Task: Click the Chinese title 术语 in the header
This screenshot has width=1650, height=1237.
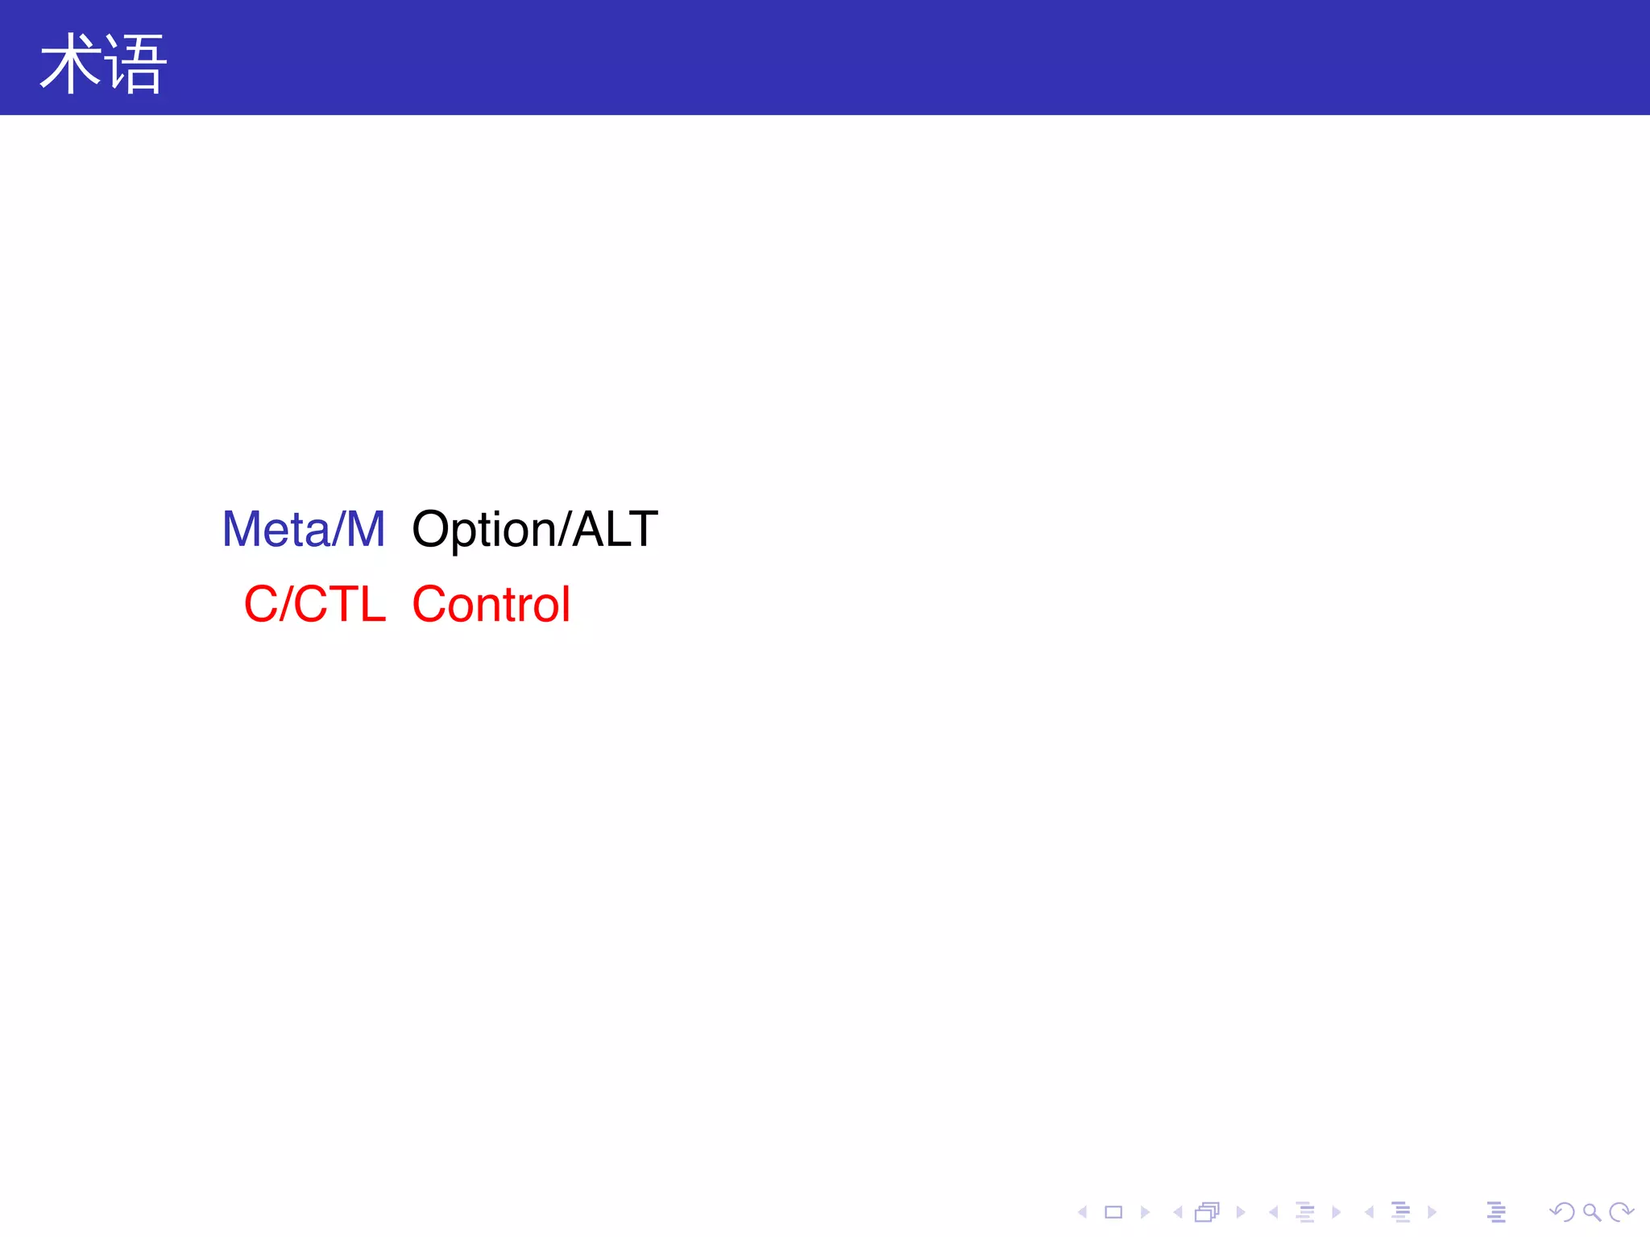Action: click(x=103, y=64)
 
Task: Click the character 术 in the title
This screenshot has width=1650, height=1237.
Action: click(x=71, y=64)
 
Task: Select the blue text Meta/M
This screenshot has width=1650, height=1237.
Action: click(x=304, y=529)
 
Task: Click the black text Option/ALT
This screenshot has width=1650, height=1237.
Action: click(x=535, y=529)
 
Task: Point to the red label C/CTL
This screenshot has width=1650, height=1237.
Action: click(x=315, y=604)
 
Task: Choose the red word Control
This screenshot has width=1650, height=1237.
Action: click(x=491, y=604)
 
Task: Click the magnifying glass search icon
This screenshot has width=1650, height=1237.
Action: click(x=1591, y=1212)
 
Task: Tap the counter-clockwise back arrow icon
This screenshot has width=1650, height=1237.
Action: click(x=1561, y=1212)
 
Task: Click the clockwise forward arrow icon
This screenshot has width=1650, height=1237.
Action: click(x=1621, y=1212)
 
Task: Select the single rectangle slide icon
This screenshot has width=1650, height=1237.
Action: click(x=1113, y=1212)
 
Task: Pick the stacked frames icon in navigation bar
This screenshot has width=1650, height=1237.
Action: click(x=1207, y=1212)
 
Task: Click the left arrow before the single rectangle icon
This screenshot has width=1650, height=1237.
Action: click(x=1083, y=1212)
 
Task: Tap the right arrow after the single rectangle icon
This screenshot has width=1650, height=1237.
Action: click(x=1145, y=1212)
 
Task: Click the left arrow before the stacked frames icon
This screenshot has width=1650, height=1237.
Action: click(x=1177, y=1212)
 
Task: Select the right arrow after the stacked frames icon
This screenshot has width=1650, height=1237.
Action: click(x=1241, y=1212)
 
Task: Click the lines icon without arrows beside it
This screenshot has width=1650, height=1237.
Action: click(x=1496, y=1212)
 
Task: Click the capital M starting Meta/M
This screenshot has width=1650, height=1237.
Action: click(x=240, y=529)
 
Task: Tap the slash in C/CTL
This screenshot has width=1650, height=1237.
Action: click(x=285, y=604)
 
